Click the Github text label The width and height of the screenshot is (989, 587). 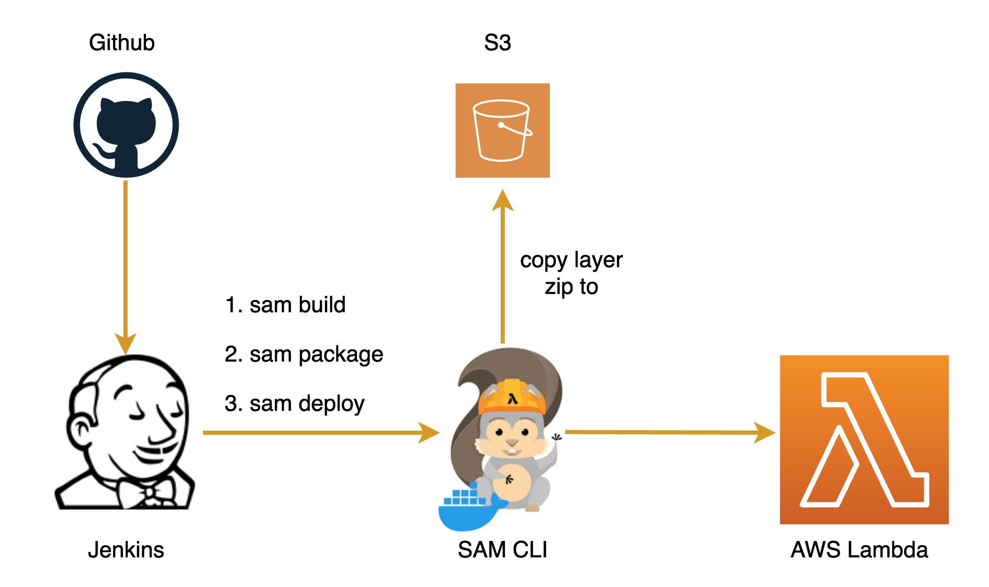point(122,43)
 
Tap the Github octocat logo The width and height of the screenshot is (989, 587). point(126,125)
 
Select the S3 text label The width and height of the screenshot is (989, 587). point(497,43)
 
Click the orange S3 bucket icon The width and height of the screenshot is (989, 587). point(502,131)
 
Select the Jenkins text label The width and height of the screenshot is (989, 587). point(126,549)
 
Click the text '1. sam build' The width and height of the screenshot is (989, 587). point(285,305)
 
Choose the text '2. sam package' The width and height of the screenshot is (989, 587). point(304,354)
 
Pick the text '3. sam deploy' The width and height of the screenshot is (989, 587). point(294,403)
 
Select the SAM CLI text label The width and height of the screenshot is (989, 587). point(502,549)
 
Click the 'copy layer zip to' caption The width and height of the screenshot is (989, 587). point(571,273)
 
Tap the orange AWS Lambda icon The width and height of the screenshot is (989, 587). point(864,440)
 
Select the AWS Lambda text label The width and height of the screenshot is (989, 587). point(859,549)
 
